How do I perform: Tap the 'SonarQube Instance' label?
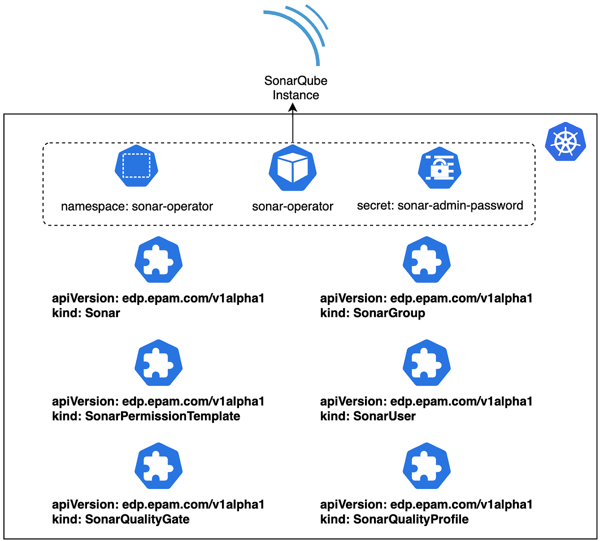click(x=296, y=87)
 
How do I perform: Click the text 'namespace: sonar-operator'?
click(x=137, y=206)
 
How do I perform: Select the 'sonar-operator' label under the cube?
click(x=292, y=206)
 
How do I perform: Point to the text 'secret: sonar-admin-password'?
click(x=440, y=205)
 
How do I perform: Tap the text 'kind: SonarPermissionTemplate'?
click(x=146, y=416)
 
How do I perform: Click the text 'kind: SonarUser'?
click(x=368, y=416)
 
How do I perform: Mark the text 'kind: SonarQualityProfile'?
click(x=394, y=519)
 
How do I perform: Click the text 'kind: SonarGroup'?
click(x=372, y=313)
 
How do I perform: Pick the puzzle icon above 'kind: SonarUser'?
click(x=426, y=363)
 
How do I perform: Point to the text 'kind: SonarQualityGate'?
click(x=120, y=519)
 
